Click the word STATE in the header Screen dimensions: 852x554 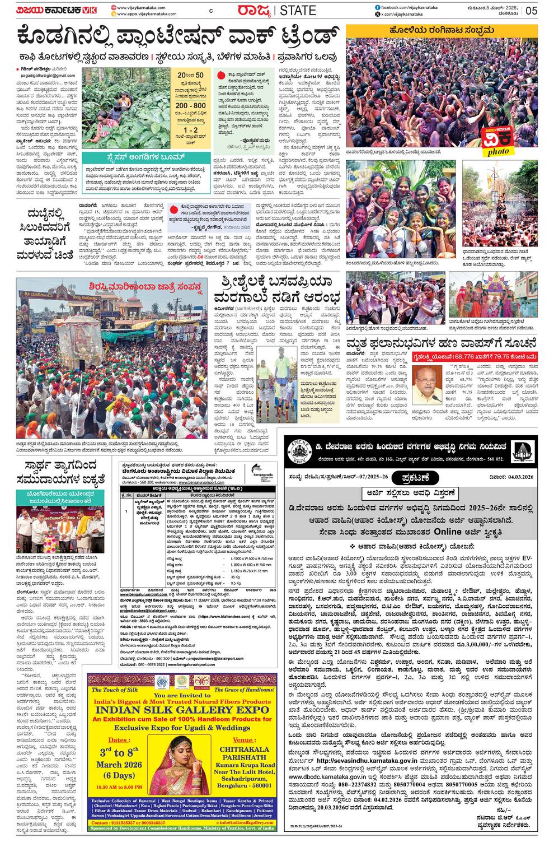tap(298, 10)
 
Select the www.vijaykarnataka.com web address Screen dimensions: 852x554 tap(142, 7)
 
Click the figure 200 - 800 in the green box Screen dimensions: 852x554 tap(190, 105)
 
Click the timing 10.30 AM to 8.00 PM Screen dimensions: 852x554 tap(119, 787)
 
